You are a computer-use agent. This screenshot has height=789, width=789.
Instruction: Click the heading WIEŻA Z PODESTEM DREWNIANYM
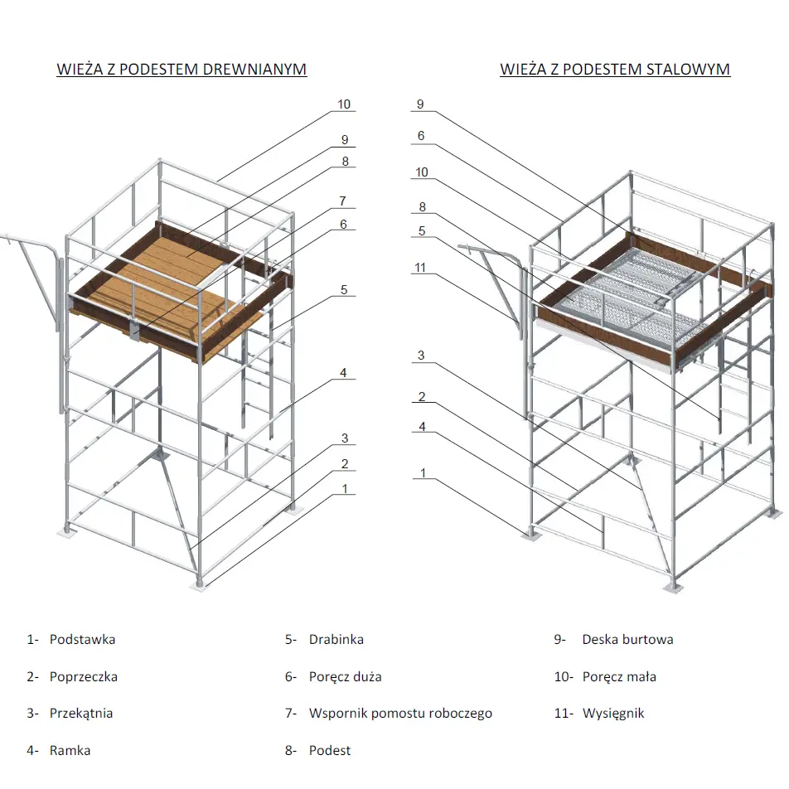point(182,69)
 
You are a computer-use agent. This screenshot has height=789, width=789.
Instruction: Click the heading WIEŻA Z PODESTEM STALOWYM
point(615,69)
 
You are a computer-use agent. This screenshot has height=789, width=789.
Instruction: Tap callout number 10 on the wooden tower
point(344,105)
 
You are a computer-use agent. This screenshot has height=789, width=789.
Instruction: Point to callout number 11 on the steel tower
point(422,267)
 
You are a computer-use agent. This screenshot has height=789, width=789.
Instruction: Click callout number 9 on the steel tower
point(420,104)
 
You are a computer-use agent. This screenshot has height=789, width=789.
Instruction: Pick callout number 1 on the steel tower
point(423,473)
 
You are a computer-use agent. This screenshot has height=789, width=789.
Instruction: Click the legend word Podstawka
point(82,640)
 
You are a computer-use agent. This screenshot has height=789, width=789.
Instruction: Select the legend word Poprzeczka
point(83,676)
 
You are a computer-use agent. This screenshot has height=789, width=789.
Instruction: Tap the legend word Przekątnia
point(81,713)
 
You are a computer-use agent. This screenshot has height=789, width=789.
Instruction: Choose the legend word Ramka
point(70,750)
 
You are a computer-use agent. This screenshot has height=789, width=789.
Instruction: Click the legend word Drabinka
point(336,640)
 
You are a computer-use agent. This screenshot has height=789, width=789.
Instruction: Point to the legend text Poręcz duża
point(345,676)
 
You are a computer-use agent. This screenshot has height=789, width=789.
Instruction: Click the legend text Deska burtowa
point(627,640)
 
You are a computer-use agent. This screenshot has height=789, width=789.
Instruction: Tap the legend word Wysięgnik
point(613,713)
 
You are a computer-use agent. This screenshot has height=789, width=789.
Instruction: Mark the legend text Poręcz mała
point(619,676)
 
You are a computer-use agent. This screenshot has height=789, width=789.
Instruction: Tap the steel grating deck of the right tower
point(630,290)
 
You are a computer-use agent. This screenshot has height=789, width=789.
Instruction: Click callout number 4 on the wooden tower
point(343,373)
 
